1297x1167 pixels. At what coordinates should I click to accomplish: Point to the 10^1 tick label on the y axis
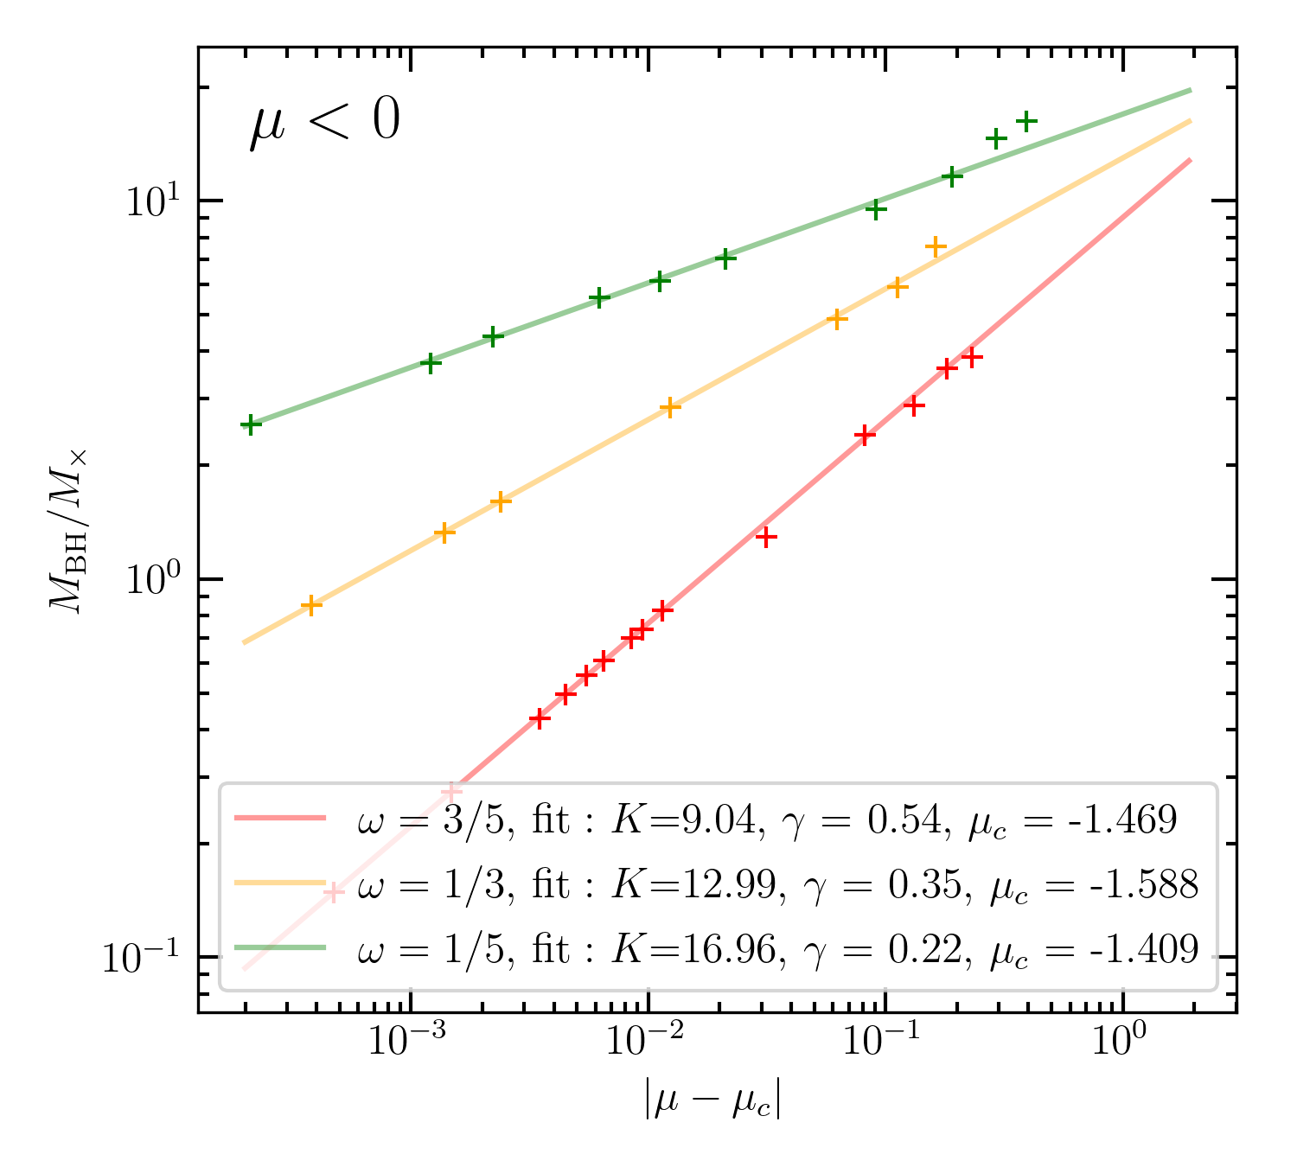[150, 201]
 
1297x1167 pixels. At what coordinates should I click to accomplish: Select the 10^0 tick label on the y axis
[152, 579]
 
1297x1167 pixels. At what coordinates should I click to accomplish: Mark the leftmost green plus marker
[251, 424]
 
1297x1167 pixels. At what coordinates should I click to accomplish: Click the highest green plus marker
[1026, 121]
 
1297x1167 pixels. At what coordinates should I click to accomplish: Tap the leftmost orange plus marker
[311, 605]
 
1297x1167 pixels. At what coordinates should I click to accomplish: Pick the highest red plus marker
[972, 357]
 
